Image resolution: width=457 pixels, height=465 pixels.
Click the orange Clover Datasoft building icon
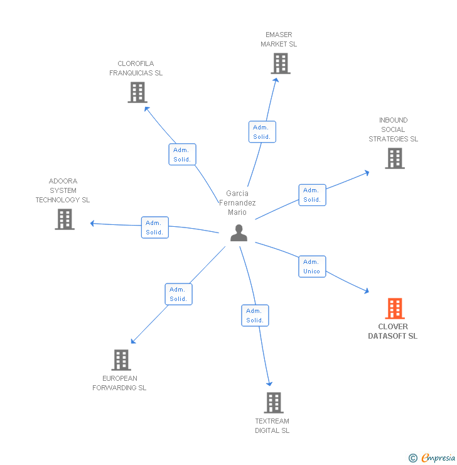(394, 309)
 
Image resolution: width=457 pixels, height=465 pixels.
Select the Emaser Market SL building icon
(280, 63)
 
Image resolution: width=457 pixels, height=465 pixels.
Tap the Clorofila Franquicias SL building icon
(137, 92)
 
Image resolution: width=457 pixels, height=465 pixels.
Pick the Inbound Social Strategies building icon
(394, 158)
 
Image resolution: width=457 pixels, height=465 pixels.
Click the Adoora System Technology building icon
(64, 219)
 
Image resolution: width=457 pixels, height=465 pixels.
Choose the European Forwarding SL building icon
(121, 360)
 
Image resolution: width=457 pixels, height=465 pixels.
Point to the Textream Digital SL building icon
(273, 403)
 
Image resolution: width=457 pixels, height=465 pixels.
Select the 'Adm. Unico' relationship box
(312, 266)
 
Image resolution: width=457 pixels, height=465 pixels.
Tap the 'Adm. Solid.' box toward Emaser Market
(262, 132)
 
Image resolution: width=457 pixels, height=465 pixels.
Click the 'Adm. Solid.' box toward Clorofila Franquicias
(182, 155)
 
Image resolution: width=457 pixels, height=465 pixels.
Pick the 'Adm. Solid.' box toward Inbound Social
(312, 195)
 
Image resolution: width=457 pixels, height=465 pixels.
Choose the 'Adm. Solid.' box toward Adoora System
(154, 227)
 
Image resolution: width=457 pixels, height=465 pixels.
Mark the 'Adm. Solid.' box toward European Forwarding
(178, 294)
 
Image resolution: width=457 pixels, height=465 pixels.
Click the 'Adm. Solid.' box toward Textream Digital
(255, 315)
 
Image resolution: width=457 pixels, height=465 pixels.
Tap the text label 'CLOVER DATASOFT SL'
(393, 331)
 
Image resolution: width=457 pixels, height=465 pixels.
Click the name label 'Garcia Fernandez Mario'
(237, 202)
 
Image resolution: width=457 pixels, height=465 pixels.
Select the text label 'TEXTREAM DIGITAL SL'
(272, 425)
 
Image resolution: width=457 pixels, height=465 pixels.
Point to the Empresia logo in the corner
(431, 458)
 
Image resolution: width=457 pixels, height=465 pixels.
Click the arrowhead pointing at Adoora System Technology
(92, 223)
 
